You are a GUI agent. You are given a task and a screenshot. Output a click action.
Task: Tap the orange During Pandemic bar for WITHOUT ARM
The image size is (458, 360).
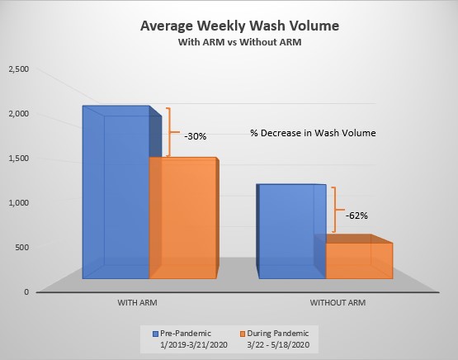[x=358, y=260]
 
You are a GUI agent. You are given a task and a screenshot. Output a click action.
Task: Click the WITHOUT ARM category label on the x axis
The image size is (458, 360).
[x=338, y=303]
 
